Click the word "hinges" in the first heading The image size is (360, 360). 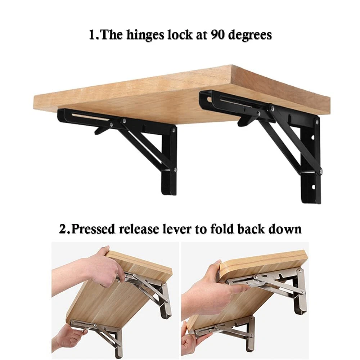[145, 35]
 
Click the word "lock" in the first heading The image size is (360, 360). [180, 35]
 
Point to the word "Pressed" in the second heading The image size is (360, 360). [93, 229]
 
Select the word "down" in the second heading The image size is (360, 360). [285, 229]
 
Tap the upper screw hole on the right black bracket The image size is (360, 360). [313, 138]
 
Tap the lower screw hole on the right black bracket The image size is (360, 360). [313, 187]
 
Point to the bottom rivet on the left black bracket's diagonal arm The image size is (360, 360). [175, 170]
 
